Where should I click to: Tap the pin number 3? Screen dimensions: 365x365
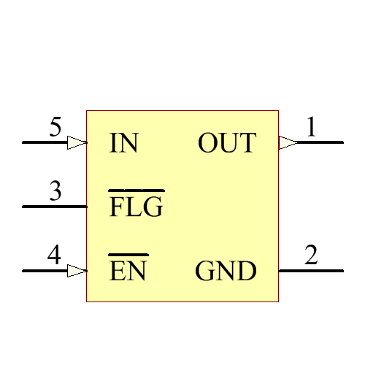pos(55,192)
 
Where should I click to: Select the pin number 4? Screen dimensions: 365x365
pos(54,256)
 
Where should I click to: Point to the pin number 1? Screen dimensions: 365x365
pos(312,128)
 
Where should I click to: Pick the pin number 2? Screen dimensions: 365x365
pos(312,256)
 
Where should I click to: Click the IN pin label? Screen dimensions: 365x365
pos(123,143)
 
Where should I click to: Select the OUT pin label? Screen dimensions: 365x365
pos(227,143)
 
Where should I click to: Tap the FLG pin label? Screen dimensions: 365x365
pos(136,208)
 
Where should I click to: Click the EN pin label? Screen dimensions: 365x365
pos(128,272)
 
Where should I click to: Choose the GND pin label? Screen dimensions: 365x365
pos(226,272)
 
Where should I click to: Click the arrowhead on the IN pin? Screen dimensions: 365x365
pos(77,142)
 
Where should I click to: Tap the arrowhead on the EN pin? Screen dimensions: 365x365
pos(77,271)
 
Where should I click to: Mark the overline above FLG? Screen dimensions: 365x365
pos(136,191)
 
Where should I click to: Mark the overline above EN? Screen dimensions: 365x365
pos(128,255)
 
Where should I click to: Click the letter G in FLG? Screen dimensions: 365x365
pos(153,208)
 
